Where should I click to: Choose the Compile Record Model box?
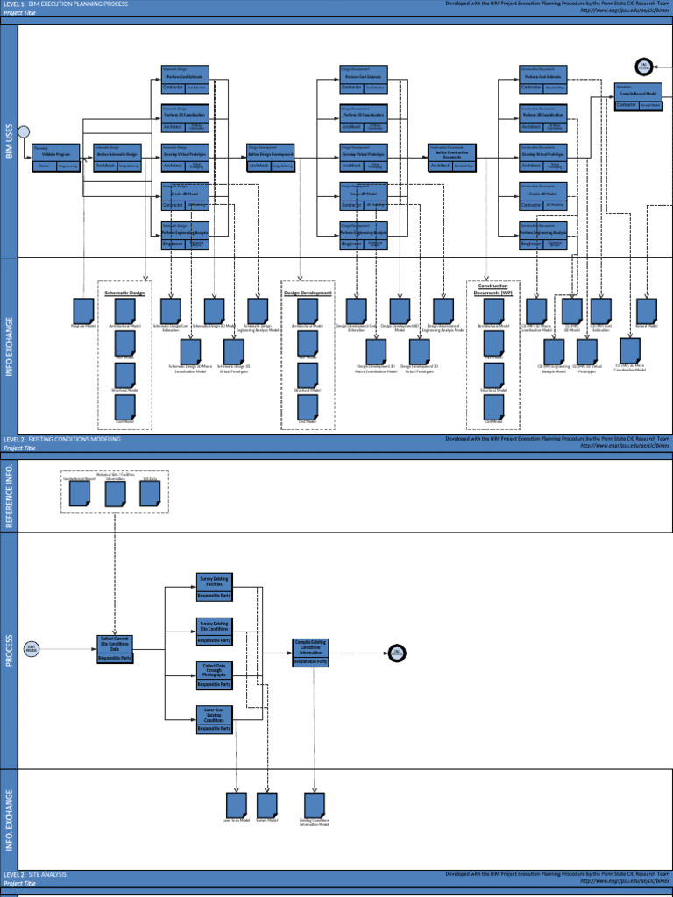638,97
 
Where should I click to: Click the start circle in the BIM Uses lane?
24,131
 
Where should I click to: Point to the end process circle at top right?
643,67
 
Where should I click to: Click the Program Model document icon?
83,310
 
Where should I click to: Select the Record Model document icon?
647,310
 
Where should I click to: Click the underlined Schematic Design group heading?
124,293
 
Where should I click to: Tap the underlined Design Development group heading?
307,293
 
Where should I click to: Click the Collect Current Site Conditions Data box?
115,649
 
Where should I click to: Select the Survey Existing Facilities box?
214,587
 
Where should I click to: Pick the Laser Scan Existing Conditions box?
214,718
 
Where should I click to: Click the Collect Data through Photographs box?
214,675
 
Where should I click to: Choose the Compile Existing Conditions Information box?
311,653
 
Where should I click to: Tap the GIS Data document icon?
150,495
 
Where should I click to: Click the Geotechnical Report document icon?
80,495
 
